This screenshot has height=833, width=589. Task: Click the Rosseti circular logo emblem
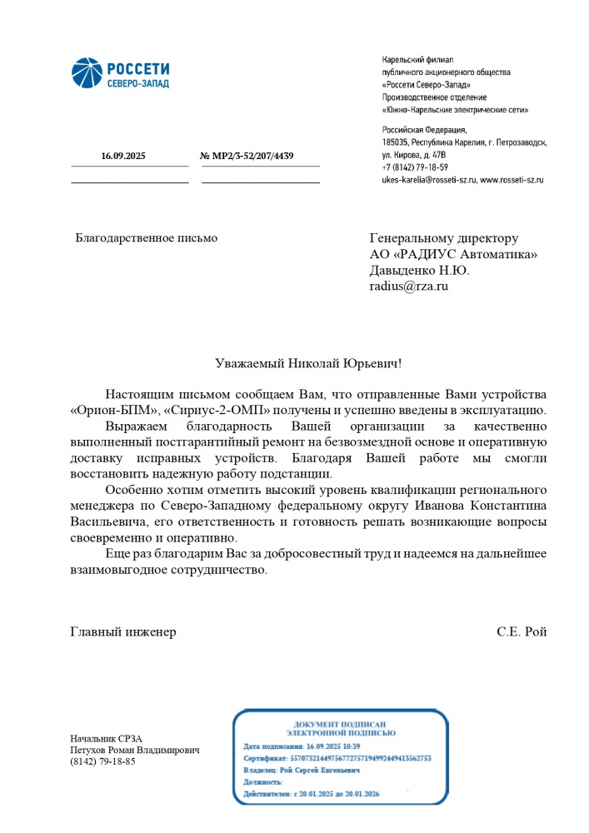(85, 73)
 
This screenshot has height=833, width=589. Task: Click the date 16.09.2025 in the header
(123, 157)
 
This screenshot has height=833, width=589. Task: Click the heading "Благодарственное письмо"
(146, 238)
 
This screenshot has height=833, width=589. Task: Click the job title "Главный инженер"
(122, 631)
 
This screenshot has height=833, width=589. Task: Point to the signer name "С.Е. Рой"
(522, 631)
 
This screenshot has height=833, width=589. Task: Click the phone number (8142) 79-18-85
(102, 761)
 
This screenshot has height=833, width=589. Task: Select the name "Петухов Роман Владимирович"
(135, 750)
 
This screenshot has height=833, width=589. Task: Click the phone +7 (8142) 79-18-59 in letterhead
(415, 167)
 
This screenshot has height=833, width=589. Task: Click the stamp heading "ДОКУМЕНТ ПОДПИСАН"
(340, 724)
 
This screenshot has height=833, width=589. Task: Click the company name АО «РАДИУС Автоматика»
(453, 254)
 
